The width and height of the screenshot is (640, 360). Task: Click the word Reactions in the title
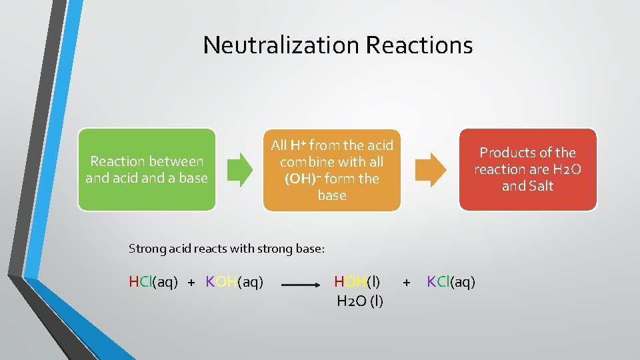click(x=419, y=45)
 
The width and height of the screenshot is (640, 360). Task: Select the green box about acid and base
click(x=147, y=169)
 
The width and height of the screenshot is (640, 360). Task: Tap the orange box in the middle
click(x=332, y=170)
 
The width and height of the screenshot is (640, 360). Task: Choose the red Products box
click(x=527, y=169)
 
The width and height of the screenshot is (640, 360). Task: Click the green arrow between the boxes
click(x=239, y=169)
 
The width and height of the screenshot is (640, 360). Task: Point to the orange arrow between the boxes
click(x=431, y=169)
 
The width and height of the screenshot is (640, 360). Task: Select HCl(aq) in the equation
click(x=153, y=282)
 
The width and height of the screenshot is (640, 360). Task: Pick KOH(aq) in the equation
click(x=235, y=282)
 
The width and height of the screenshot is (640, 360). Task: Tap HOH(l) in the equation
click(x=358, y=282)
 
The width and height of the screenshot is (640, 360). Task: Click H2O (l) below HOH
click(x=360, y=301)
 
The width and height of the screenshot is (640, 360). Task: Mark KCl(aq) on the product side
click(x=451, y=282)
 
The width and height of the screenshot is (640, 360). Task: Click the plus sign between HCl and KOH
click(x=191, y=283)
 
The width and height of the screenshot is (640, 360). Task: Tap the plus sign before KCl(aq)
click(x=407, y=283)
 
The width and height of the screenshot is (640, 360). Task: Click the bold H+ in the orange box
click(x=297, y=145)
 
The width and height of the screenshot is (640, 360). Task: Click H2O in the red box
click(x=567, y=169)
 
